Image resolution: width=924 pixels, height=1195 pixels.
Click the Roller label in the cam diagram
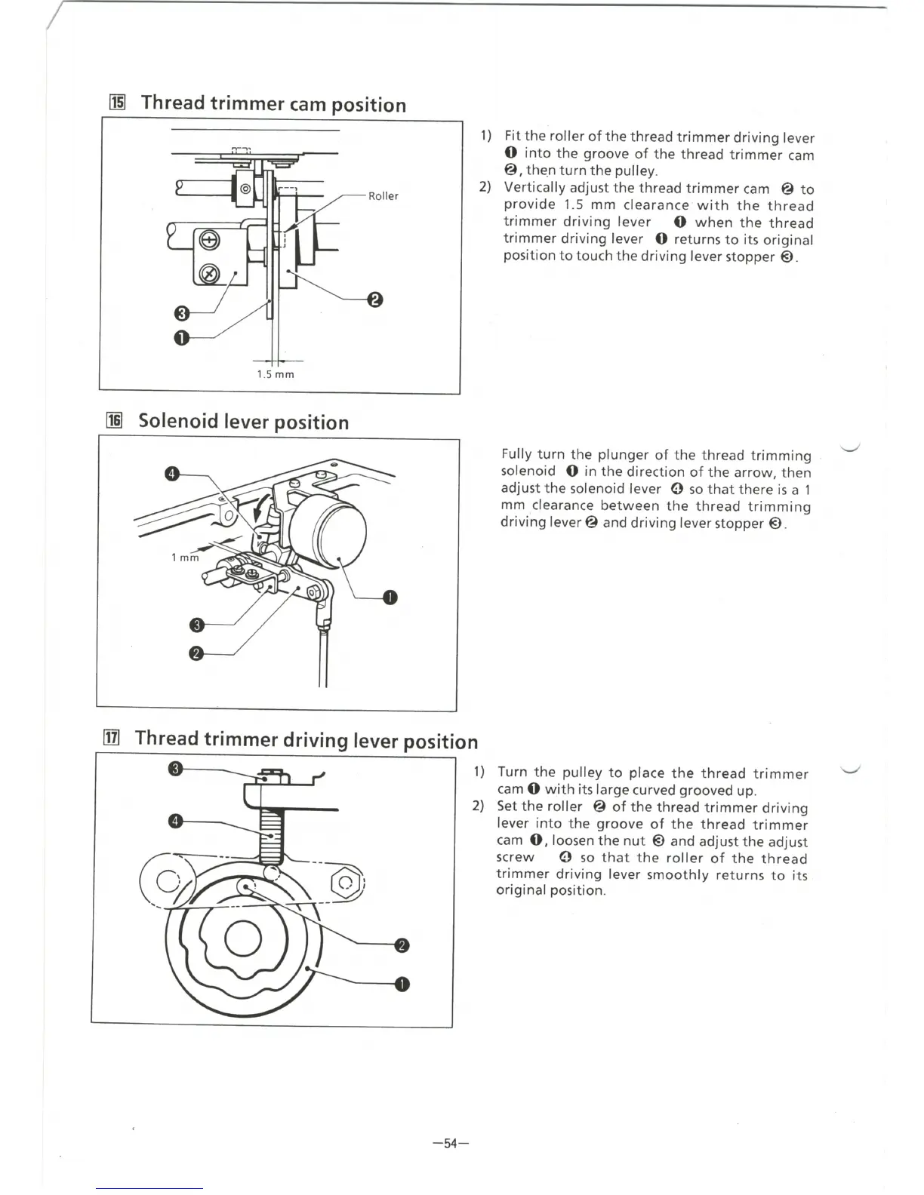point(383,196)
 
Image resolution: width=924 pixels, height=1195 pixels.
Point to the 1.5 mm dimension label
point(276,374)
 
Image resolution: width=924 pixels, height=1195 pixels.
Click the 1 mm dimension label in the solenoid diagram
point(185,558)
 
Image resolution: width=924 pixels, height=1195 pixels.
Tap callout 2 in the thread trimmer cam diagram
point(375,300)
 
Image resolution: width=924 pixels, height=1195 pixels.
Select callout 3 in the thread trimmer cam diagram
point(181,312)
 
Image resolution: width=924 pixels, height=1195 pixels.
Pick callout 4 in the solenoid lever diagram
point(172,474)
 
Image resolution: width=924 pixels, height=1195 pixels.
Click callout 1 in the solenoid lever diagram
point(390,597)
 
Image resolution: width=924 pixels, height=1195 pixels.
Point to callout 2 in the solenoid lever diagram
point(196,653)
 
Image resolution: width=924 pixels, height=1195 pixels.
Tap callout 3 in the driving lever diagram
point(175,769)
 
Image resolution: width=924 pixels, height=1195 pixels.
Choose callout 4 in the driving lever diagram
point(175,822)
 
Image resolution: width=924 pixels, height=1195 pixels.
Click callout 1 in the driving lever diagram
point(402,984)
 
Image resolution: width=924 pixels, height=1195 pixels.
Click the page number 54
point(451,1144)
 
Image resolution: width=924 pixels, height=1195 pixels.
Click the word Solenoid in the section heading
point(178,421)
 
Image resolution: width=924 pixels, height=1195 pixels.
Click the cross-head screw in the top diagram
point(210,241)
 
